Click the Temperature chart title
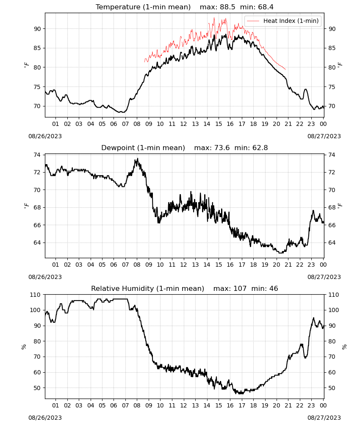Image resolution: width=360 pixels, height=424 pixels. click(143, 7)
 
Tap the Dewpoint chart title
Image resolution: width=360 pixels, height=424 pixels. click(143, 148)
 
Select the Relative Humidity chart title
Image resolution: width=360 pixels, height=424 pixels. click(147, 288)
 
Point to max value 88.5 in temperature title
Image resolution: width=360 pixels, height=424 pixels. click(228, 7)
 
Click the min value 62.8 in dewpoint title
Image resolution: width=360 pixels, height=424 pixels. click(260, 148)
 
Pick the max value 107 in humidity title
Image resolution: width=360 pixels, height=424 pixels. click(240, 288)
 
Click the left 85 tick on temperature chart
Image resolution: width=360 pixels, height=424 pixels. click(37, 48)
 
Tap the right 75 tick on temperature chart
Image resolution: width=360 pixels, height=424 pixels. click(332, 87)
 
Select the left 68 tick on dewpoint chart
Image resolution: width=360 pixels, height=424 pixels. click(37, 207)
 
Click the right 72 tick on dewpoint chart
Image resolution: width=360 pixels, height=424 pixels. click(332, 172)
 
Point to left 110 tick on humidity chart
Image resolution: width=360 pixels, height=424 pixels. click(36, 295)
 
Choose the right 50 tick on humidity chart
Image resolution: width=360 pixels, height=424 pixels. click(332, 388)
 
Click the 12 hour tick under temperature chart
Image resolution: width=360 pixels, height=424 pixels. click(184, 124)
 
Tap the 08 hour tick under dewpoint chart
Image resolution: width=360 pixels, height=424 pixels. click(137, 265)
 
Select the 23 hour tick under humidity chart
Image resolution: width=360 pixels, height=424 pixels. click(311, 405)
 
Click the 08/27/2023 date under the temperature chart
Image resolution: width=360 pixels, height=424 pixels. click(324, 136)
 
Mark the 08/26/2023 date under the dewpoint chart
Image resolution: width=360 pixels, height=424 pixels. click(45, 277)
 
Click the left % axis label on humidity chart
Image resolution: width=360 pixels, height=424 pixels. click(24, 347)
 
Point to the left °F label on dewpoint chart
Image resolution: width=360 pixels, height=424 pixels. click(26, 206)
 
